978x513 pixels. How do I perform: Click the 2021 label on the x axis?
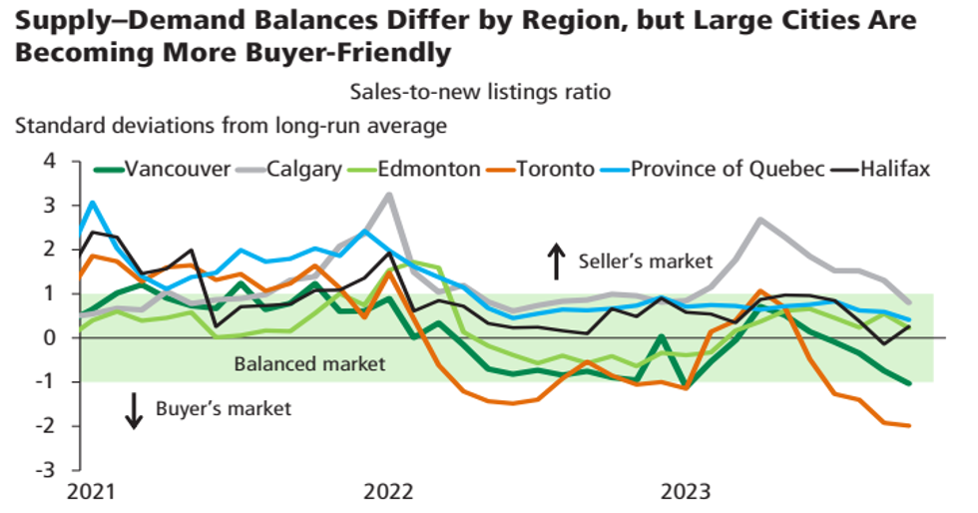91,492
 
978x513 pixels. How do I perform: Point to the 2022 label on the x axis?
388,492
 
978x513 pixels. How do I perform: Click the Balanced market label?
309,363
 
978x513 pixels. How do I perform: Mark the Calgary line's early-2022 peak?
388,194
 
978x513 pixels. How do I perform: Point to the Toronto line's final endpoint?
909,425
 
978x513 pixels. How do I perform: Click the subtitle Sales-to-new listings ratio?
479,92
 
